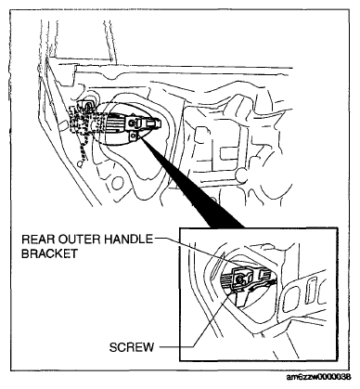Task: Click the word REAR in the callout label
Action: point(34,240)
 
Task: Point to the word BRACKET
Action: point(49,253)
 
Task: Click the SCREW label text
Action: point(132,347)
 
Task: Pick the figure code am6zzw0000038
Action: point(318,377)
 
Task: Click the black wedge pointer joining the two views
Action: point(192,183)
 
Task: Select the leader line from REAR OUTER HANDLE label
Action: point(198,253)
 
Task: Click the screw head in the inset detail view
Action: point(239,279)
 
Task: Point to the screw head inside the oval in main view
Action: point(132,123)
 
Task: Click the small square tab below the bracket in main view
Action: point(134,136)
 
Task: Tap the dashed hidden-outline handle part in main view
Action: point(82,123)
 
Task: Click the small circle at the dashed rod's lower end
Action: point(81,163)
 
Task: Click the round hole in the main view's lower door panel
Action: point(115,183)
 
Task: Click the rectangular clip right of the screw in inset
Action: point(265,274)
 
